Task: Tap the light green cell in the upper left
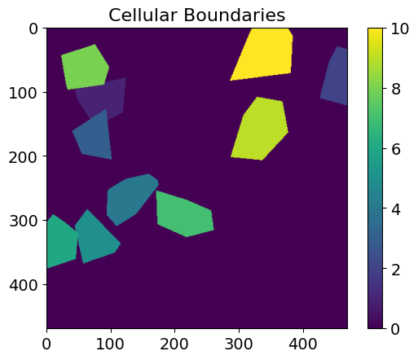pos(85,68)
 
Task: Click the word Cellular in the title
pos(143,15)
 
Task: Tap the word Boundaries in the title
pos(235,15)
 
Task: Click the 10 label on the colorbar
pos(399,29)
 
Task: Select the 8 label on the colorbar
pos(396,89)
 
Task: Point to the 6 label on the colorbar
pos(396,149)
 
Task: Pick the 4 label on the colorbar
pos(396,209)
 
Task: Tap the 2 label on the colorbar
pos(396,270)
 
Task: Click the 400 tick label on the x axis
pos(303,344)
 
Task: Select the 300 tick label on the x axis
pos(239,344)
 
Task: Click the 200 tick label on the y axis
pos(23,157)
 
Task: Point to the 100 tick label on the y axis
pos(23,93)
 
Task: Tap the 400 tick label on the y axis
pos(23,285)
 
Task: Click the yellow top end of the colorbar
pos(375,30)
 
